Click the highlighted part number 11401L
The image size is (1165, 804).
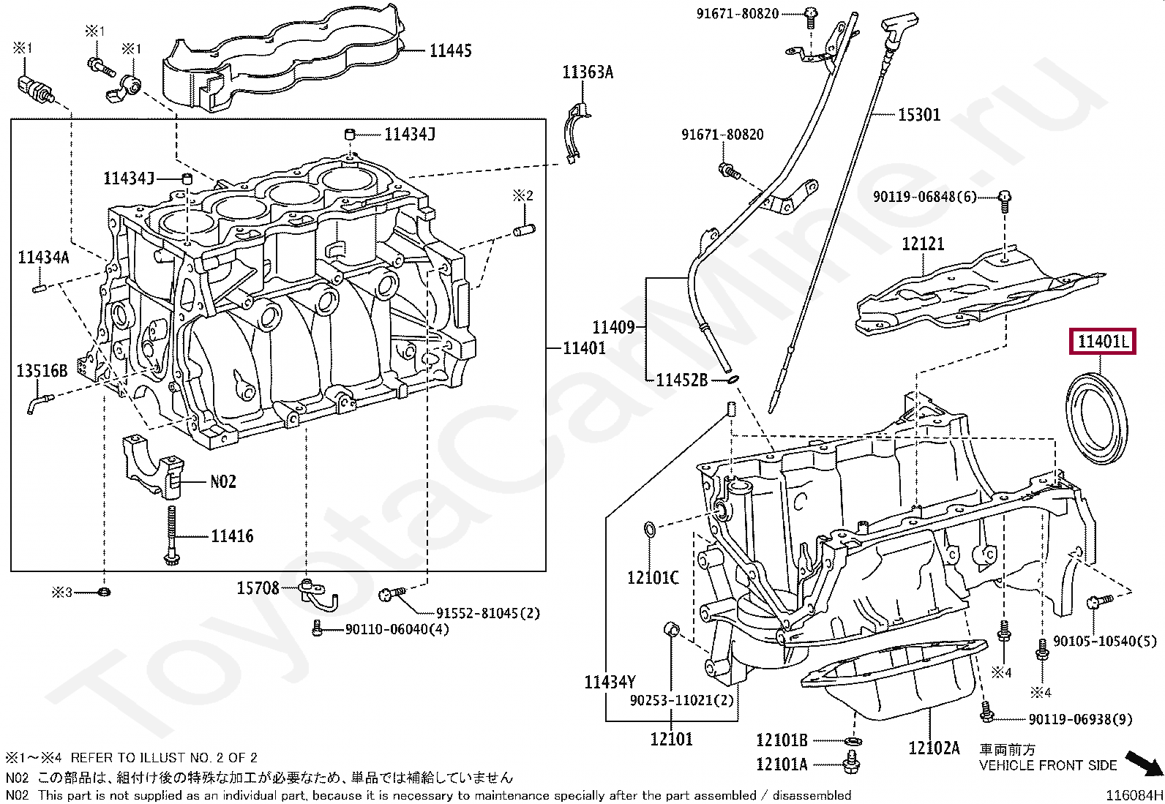click(1103, 341)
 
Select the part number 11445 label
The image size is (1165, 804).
click(450, 50)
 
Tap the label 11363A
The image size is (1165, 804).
click(588, 72)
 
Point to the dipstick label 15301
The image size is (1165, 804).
click(919, 114)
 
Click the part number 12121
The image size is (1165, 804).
click(924, 244)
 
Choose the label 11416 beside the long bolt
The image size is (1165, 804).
click(232, 536)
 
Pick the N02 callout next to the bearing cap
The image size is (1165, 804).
click(223, 481)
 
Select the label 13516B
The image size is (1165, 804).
click(42, 370)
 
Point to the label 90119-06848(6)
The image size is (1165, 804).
click(925, 197)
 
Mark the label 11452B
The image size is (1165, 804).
click(682, 380)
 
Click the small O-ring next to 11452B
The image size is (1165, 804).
click(733, 380)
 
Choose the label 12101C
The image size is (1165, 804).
click(653, 577)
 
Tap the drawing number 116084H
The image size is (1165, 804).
click(1134, 795)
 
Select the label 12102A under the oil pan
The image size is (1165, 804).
click(934, 748)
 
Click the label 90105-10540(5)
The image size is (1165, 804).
click(1105, 641)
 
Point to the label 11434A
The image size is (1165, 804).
click(44, 257)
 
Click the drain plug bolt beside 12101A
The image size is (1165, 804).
click(851, 762)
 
